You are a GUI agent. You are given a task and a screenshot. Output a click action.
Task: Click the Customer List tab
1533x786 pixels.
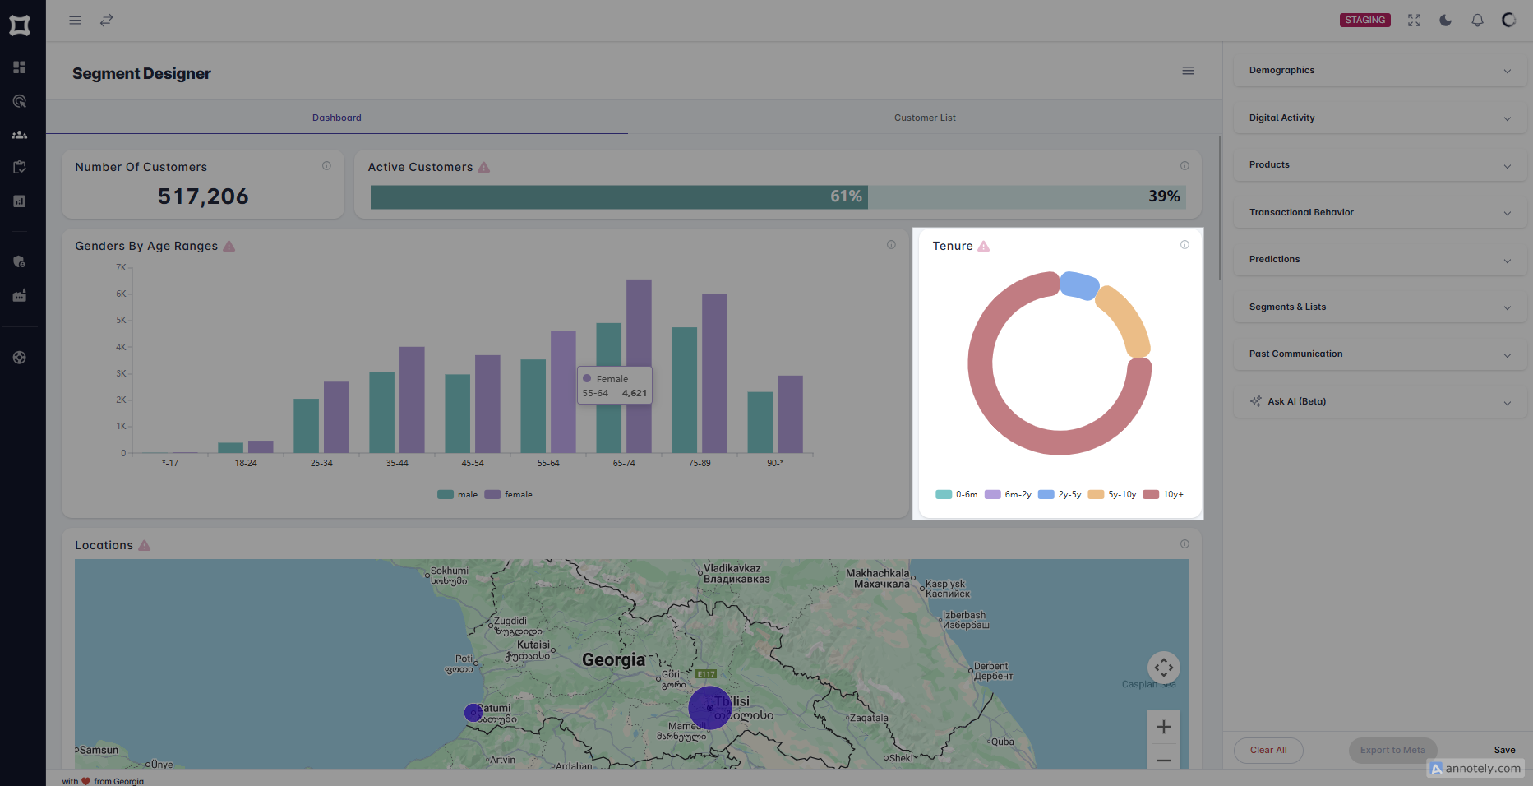[925, 118]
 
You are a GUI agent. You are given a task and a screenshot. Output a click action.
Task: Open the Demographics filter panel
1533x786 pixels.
[1379, 71]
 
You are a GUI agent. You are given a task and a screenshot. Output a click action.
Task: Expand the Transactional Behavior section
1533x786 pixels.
[1379, 212]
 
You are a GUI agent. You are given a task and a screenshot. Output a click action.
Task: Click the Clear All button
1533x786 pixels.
[1268, 750]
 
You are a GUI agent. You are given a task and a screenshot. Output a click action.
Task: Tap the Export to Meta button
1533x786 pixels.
[1392, 750]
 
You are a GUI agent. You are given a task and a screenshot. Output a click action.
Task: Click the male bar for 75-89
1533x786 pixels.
[684, 390]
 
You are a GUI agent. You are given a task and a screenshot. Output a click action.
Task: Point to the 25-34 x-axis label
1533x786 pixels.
[321, 464]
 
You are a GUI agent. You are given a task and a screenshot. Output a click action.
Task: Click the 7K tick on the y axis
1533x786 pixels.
[121, 268]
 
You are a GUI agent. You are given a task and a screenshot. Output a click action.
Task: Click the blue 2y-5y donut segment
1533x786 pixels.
[1078, 284]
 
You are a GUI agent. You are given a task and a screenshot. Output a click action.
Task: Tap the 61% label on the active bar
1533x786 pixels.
[846, 196]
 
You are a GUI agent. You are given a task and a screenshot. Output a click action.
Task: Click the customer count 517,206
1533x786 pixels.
[203, 196]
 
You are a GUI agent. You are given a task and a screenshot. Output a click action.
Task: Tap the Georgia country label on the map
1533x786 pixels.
[613, 660]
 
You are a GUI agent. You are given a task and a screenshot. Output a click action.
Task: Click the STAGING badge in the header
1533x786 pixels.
[1364, 20]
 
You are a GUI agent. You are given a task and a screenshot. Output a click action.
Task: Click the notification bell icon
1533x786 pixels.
[1477, 20]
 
